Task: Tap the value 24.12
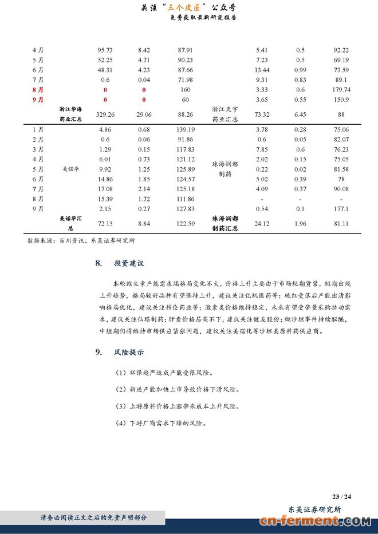(262, 223)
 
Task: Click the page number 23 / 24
(341, 495)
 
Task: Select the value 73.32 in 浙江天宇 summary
(262, 114)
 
